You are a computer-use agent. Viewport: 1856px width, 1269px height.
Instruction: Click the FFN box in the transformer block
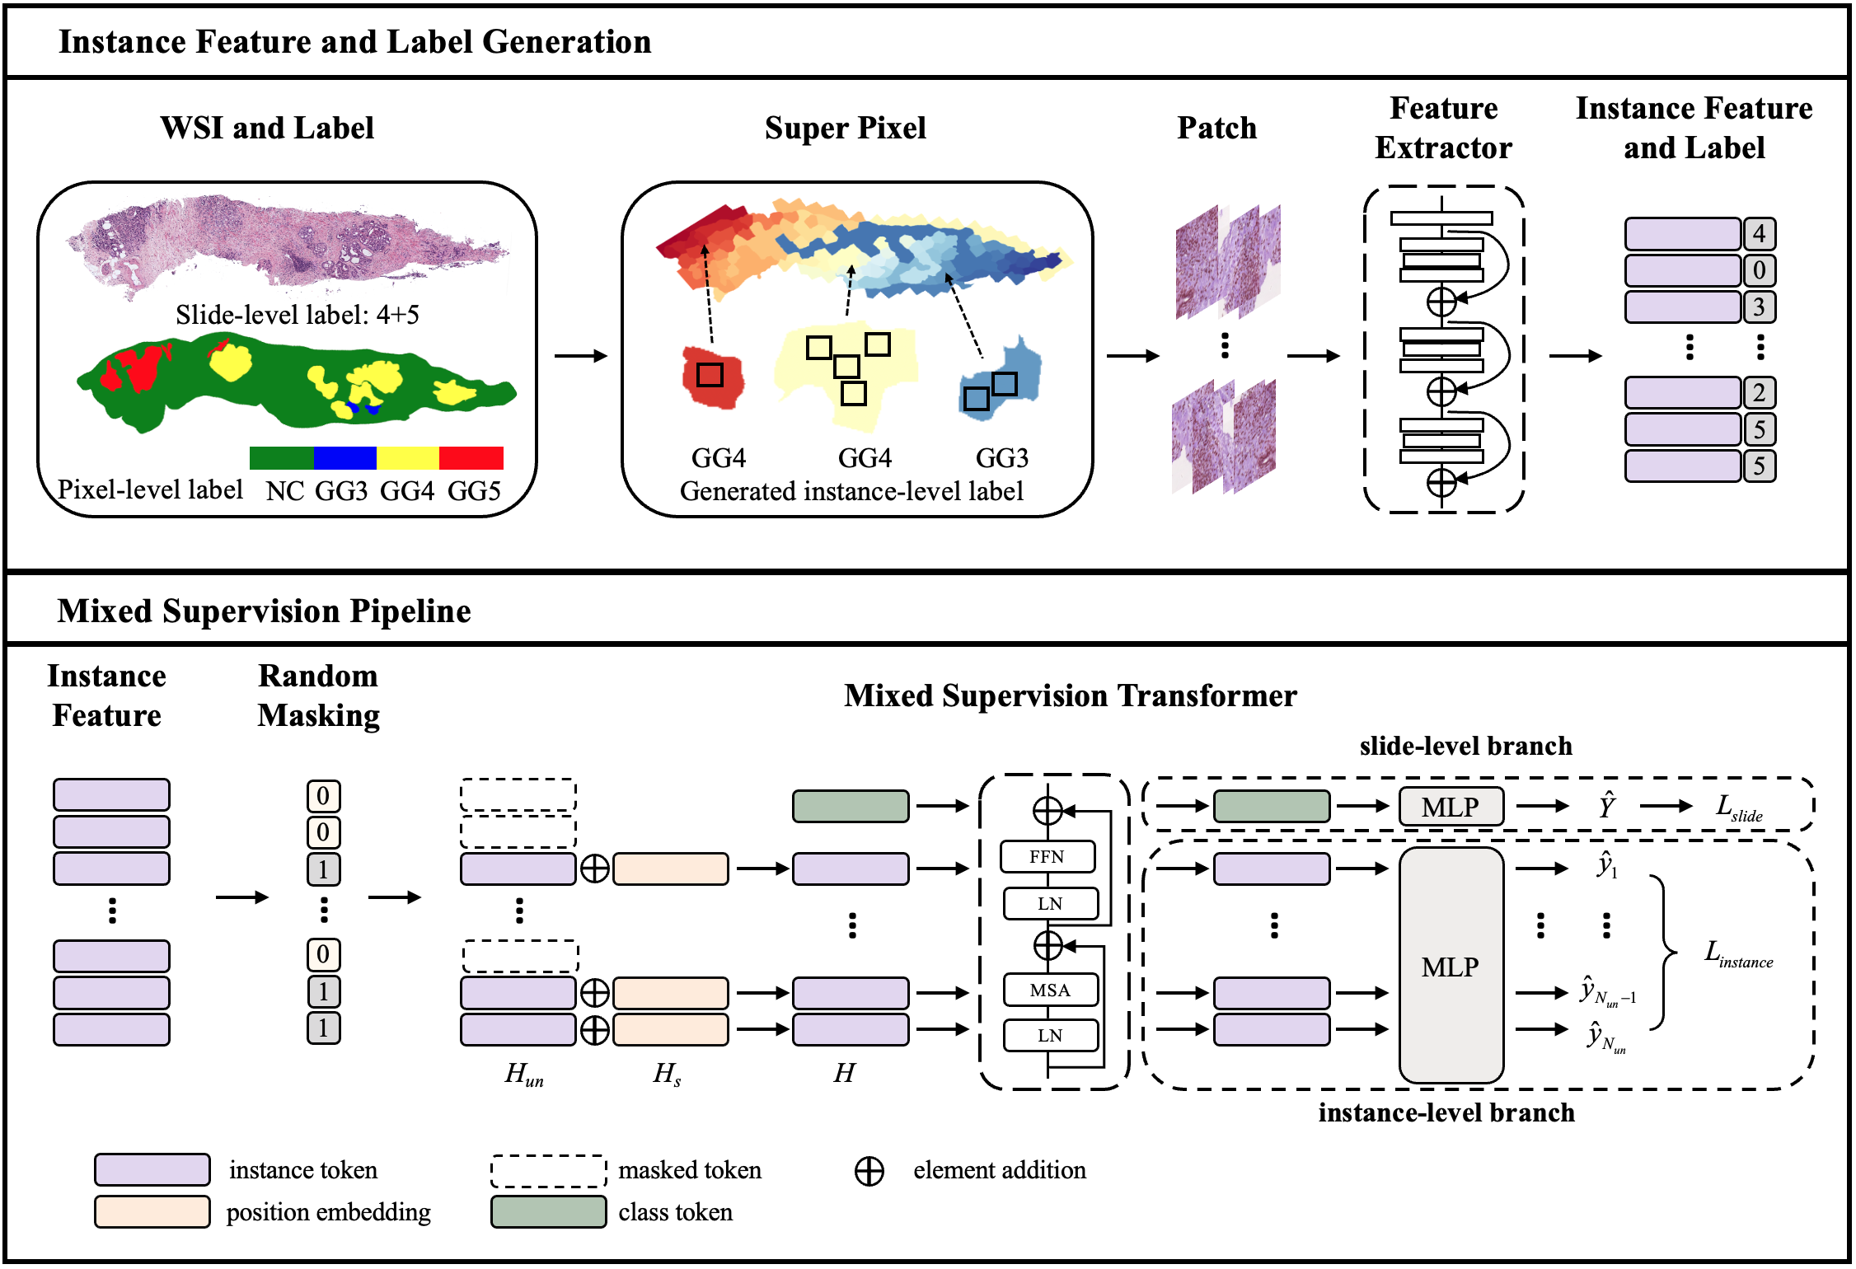click(x=1048, y=856)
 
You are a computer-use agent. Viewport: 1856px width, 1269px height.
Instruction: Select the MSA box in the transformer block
click(x=1050, y=990)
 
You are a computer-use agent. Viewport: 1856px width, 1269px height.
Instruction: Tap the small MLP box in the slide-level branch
click(x=1451, y=807)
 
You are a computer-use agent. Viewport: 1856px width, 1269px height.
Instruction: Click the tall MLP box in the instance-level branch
click(x=1451, y=966)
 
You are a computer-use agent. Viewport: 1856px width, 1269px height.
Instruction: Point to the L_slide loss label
click(x=1738, y=808)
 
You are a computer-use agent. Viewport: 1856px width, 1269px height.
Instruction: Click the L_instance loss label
click(x=1738, y=954)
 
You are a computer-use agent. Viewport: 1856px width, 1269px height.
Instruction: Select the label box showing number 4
click(x=1759, y=234)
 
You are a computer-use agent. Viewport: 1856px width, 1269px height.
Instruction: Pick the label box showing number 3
click(x=1759, y=307)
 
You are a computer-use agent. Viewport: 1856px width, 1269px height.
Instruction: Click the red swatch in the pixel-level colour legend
click(x=471, y=457)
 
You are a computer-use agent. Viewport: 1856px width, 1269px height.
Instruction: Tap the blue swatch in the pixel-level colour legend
click(x=344, y=457)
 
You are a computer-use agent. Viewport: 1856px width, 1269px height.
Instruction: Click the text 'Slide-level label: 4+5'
click(x=297, y=315)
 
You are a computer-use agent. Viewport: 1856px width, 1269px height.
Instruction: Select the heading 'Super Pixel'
click(x=845, y=128)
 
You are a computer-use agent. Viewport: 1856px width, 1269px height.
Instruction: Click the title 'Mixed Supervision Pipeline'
click(x=264, y=611)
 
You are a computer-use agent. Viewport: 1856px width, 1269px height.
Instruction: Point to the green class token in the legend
click(x=548, y=1211)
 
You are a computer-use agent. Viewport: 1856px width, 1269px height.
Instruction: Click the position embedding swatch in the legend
click(x=152, y=1211)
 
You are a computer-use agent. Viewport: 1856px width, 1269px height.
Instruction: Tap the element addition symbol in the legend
click(x=869, y=1171)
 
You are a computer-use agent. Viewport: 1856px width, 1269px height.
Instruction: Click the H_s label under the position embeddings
click(x=667, y=1073)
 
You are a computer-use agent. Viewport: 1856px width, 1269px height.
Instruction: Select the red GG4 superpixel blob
click(x=713, y=377)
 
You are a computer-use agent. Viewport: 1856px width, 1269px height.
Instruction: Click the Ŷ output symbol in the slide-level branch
click(x=1606, y=806)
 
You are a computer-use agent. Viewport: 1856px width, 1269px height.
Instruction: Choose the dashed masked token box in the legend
click(x=548, y=1170)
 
